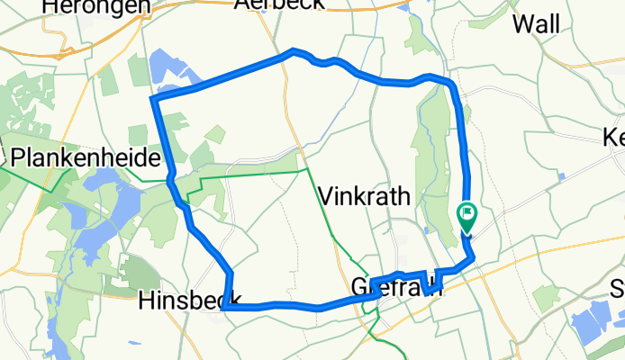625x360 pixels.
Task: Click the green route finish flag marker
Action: pos(467,216)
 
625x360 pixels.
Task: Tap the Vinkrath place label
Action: pos(365,196)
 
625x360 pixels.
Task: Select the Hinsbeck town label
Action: pos(187,301)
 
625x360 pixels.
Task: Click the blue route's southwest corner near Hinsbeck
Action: pos(224,307)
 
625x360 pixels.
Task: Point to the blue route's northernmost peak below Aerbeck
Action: pos(293,50)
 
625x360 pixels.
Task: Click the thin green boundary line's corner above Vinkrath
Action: pos(306,168)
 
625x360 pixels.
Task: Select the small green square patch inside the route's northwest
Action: pos(214,134)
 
